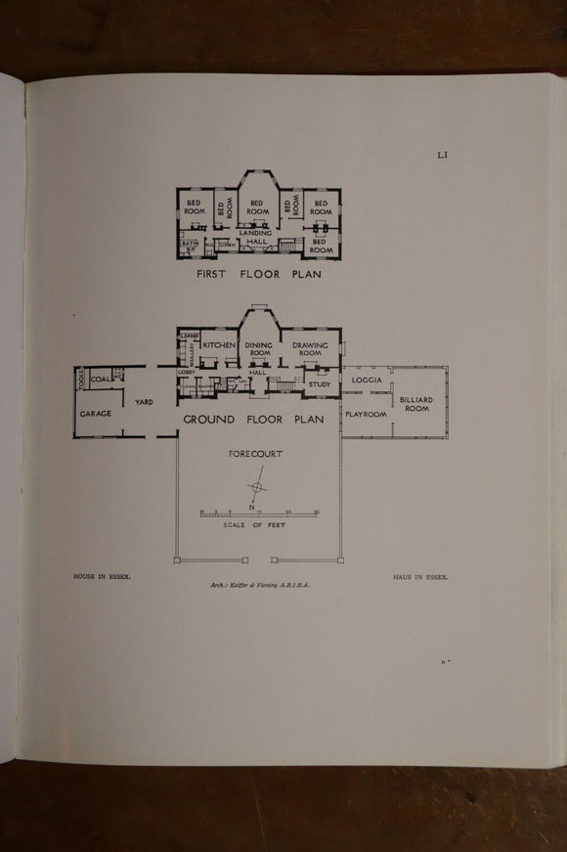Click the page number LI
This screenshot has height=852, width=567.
tap(443, 154)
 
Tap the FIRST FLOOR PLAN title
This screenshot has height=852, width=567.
tap(258, 275)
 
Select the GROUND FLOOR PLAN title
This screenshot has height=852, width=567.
tap(254, 420)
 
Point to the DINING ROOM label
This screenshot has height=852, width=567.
tap(258, 350)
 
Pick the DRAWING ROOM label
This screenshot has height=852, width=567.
tap(310, 350)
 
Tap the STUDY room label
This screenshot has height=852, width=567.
tap(320, 384)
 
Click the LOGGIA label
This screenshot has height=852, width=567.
tap(368, 379)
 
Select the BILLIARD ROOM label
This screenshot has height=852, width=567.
tap(414, 403)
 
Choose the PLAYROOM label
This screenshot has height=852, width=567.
tap(366, 415)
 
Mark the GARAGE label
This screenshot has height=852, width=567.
tap(96, 414)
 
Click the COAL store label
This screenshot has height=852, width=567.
tap(101, 380)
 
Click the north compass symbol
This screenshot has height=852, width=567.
tap(257, 488)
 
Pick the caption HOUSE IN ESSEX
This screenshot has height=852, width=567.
tap(102, 577)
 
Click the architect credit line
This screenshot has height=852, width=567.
tap(258, 584)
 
